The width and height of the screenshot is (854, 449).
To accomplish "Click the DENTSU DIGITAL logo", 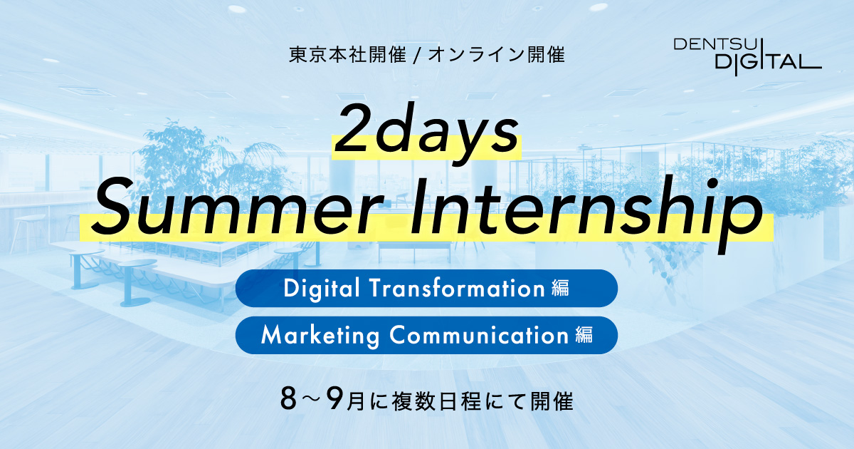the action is [747, 56].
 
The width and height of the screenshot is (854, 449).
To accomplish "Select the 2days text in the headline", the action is [426, 132].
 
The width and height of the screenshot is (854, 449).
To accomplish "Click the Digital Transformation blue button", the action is [426, 288].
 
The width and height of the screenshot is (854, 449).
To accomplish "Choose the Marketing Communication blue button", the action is [426, 335].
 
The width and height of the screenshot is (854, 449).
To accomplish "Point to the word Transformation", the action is [458, 288].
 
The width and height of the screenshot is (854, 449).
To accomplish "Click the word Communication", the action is [479, 335].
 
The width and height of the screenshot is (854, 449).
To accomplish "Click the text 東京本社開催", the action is [348, 55].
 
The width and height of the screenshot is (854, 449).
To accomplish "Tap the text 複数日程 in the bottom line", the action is [436, 401].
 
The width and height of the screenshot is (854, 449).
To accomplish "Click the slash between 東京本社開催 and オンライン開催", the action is [417, 56].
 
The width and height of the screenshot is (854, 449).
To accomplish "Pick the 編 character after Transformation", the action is [560, 288].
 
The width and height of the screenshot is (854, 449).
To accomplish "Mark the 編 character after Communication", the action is [584, 335].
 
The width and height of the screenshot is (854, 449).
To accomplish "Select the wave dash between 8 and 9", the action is [312, 401].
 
